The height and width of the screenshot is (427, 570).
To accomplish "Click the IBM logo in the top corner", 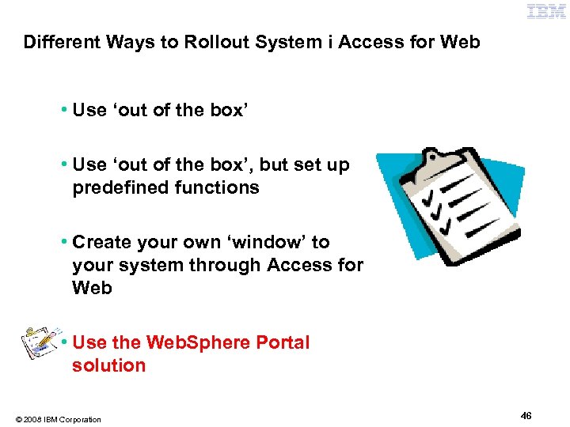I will click(546, 11).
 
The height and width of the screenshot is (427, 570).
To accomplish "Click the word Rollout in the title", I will click(213, 42).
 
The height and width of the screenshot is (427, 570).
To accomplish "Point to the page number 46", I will click(526, 415).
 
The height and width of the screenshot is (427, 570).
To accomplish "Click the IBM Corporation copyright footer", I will click(57, 419).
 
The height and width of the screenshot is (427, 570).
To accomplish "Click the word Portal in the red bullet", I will click(283, 343).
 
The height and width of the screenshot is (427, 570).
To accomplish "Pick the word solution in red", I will click(108, 366).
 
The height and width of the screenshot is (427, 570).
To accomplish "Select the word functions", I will click(217, 188).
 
